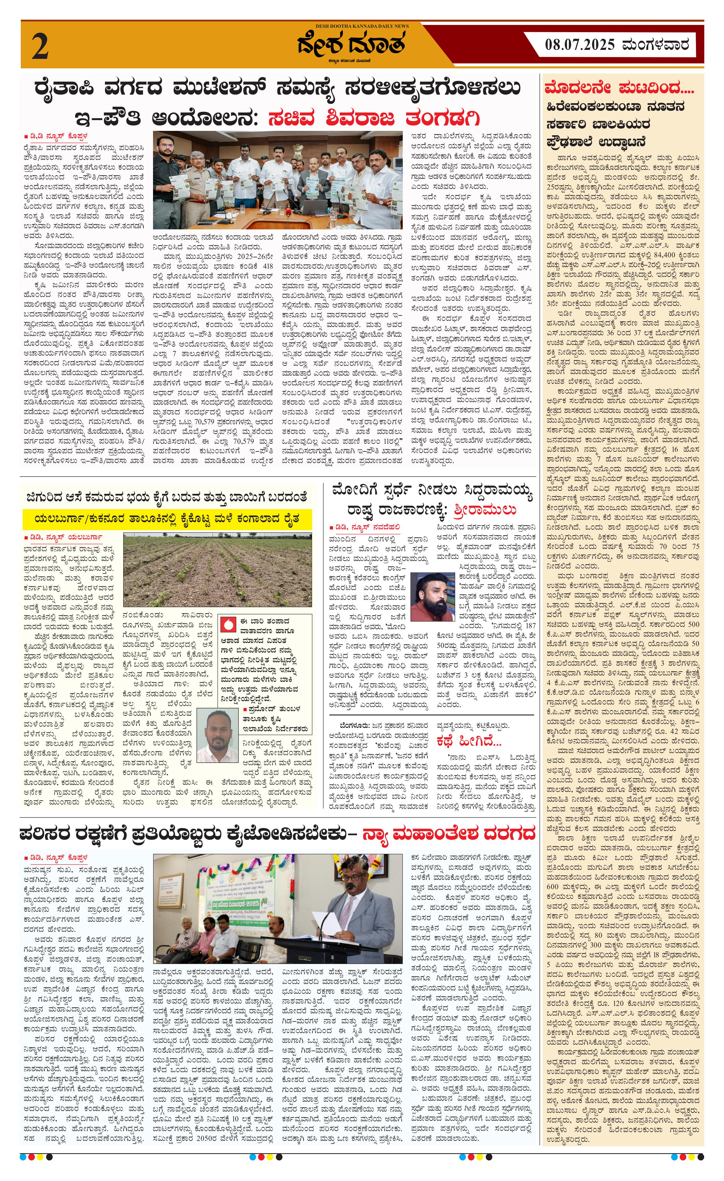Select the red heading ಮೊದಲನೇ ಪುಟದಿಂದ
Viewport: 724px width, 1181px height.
pos(612,88)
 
